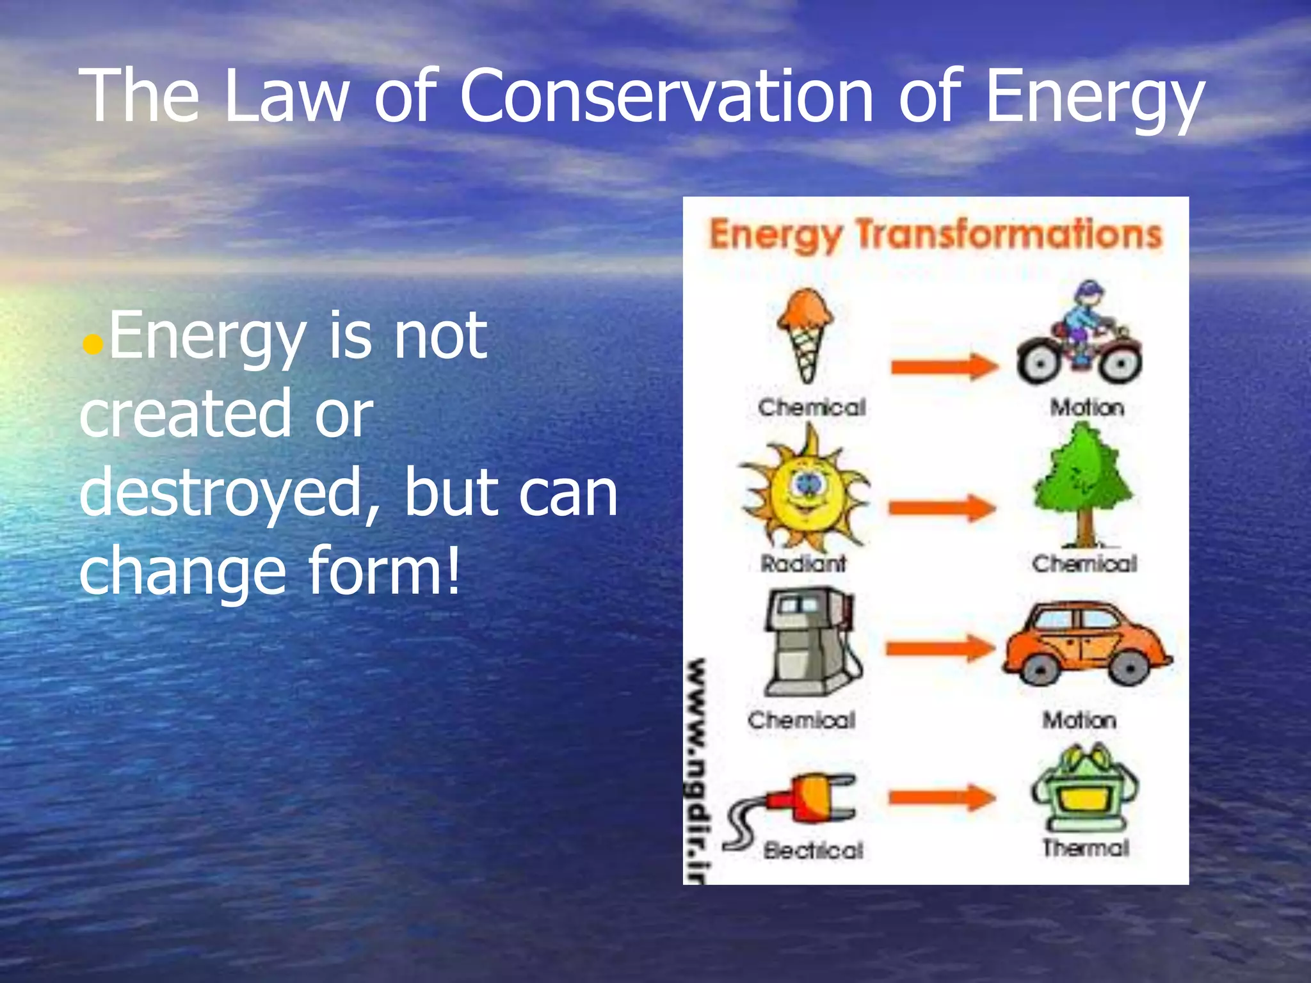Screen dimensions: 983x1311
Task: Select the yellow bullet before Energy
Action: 93,346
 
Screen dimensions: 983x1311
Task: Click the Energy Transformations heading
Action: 935,235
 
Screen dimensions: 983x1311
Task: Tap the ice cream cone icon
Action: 805,333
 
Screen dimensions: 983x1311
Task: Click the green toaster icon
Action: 1084,790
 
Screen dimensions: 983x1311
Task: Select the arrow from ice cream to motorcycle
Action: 944,367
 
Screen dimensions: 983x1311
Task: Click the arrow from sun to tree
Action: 941,508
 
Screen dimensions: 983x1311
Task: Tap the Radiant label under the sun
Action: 803,564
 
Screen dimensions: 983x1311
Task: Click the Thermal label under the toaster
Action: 1086,848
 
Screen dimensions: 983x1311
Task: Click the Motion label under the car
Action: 1079,721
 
